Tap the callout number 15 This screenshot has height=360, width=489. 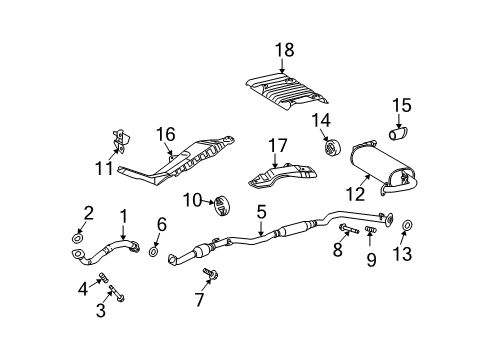(402, 104)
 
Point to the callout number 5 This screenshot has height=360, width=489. (261, 211)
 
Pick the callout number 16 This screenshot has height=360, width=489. (165, 134)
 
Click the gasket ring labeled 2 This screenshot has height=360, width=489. (78, 237)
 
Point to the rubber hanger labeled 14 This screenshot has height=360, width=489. (329, 149)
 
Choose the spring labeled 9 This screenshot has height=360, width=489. (370, 234)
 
